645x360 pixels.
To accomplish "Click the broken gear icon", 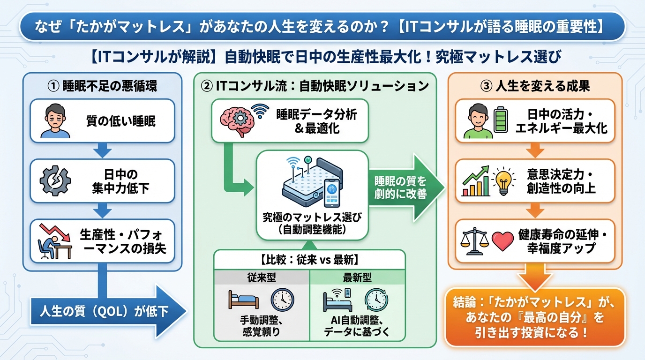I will point(55,181).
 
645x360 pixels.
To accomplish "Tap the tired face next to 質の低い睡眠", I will point(55,121).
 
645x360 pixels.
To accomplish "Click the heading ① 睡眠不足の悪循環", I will point(103,86).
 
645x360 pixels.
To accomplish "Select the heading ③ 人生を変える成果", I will point(535,86).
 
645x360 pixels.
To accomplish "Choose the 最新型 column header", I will point(357,277).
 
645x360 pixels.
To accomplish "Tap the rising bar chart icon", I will point(476,181).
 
